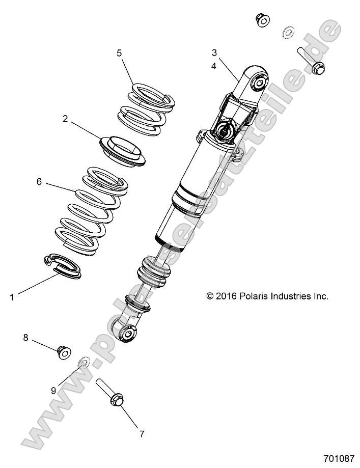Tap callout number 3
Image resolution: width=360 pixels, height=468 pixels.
click(x=214, y=52)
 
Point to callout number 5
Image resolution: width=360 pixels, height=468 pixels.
click(x=119, y=52)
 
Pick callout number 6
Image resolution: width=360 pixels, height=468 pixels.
click(x=39, y=181)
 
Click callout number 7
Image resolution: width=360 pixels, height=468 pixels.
click(x=142, y=434)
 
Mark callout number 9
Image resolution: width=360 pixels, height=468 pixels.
click(x=53, y=391)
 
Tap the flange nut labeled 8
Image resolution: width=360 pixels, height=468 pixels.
click(x=64, y=352)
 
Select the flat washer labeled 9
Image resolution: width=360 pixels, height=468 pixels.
click(x=84, y=363)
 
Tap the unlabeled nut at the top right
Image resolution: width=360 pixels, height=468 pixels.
click(x=262, y=20)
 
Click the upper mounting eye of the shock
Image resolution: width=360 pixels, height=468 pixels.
click(x=258, y=80)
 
